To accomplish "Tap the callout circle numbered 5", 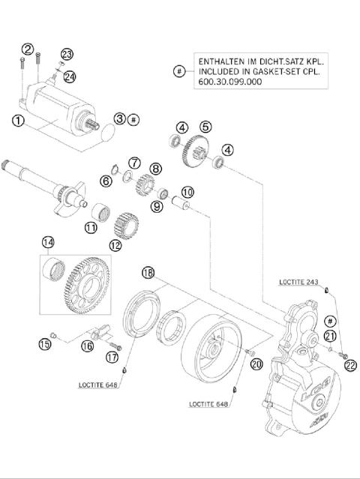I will [205, 127].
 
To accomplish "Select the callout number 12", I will [115, 244].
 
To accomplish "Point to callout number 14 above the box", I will [48, 242].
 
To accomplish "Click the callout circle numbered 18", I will [148, 274].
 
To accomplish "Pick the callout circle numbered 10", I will [187, 192].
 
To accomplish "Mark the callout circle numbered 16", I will [87, 345].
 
